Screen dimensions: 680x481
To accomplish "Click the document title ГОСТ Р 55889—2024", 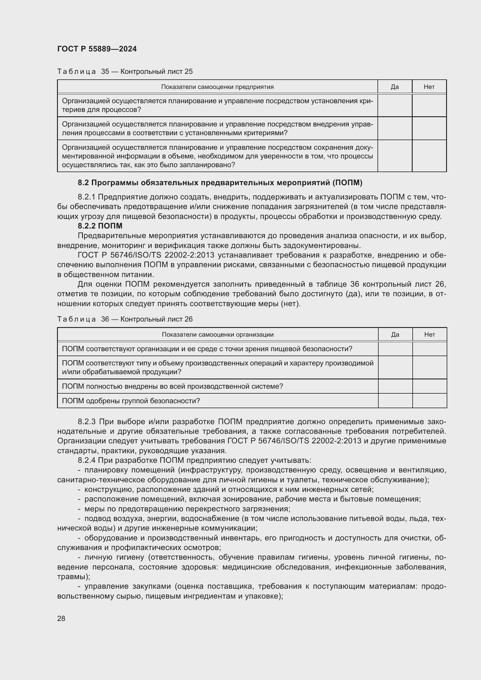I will pyautogui.click(x=97, y=49).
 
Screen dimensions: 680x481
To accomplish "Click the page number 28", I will pyautogui.click(x=61, y=618).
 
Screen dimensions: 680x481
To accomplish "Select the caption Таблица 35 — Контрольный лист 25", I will pyautogui.click(x=125, y=72).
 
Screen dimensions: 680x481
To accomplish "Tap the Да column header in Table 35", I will pyautogui.click(x=395, y=87).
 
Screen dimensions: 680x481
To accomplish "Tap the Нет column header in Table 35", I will pyautogui.click(x=429, y=87).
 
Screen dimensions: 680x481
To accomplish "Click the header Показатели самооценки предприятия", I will pyautogui.click(x=217, y=87).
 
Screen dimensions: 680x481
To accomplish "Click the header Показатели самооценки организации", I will pyautogui.click(x=218, y=335).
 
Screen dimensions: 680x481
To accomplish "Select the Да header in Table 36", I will pyautogui.click(x=395, y=335).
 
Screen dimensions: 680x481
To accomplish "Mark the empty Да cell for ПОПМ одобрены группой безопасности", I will pyautogui.click(x=395, y=401).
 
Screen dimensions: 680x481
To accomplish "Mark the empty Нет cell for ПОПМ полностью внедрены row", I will pyautogui.click(x=430, y=386).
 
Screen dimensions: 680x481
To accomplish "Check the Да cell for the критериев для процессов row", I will pyautogui.click(x=395, y=106).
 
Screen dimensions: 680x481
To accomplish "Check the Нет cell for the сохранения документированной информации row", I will pyautogui.click(x=429, y=156).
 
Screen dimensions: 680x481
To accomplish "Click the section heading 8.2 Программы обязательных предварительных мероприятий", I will pyautogui.click(x=220, y=183).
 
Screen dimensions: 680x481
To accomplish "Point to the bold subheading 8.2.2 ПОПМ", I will pyautogui.click(x=100, y=226).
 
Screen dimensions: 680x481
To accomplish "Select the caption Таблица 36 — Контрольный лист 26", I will pyautogui.click(x=125, y=319).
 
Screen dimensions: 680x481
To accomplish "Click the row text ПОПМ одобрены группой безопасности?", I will pyautogui.click(x=131, y=401).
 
